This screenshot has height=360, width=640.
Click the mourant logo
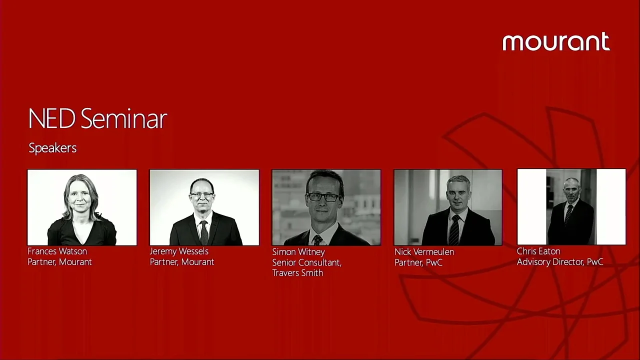coord(556,42)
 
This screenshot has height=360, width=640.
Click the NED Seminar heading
coord(97,119)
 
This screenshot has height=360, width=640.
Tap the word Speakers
coord(52,148)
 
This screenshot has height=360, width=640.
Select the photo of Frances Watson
coord(82,207)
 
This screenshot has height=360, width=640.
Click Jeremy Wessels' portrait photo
coord(204,207)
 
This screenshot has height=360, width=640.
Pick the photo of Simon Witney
coord(326,207)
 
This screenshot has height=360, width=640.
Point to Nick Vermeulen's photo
coord(448,207)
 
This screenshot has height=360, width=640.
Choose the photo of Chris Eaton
coord(571,207)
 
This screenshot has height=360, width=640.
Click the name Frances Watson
coord(57,251)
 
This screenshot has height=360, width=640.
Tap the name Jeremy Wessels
coord(179,251)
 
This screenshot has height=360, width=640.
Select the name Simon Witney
coord(298,251)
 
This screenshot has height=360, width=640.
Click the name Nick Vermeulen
coord(424,251)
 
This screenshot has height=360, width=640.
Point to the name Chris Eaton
coord(538,251)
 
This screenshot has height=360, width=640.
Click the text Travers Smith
coord(297,273)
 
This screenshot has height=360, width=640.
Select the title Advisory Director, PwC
coord(560,262)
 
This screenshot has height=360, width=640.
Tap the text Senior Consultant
coord(306,262)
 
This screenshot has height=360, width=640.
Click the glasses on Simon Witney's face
coord(323,197)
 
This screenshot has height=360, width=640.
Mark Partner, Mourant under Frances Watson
coord(59,262)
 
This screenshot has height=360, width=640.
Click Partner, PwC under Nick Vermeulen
coord(418,262)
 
